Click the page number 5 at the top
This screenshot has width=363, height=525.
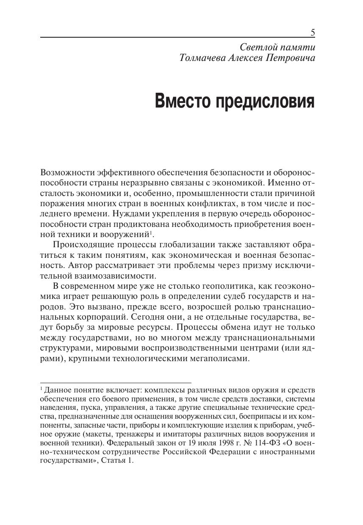tap(313, 33)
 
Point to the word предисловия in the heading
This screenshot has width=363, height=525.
tap(266, 102)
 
